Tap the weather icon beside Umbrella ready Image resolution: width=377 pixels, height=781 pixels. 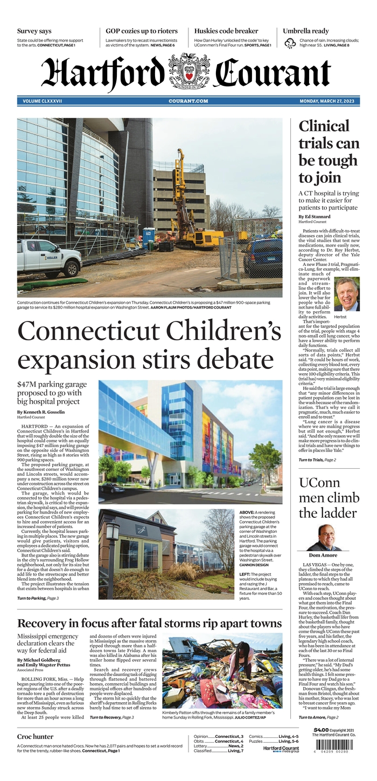tap(290, 43)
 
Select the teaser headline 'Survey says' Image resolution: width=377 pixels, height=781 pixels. tap(34, 31)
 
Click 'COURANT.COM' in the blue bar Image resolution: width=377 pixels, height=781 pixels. tap(188, 101)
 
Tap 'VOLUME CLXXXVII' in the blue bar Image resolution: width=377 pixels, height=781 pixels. tap(43, 101)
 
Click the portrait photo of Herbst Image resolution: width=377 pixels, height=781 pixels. tap(346, 294)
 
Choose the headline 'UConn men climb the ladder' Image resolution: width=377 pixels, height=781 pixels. tap(329, 498)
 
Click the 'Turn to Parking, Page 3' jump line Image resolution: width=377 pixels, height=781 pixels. tap(38, 599)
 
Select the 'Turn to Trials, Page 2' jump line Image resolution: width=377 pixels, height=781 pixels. tap(317, 460)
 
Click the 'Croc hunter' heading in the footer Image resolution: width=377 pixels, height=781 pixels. tap(35, 736)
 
